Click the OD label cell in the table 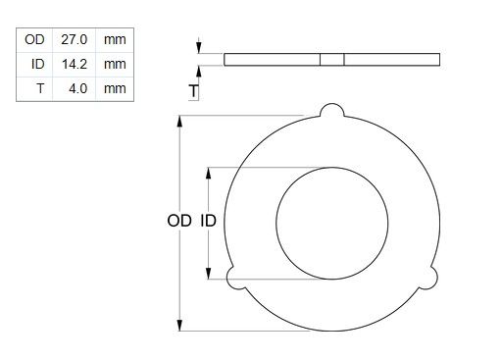click(x=34, y=39)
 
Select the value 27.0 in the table click(x=75, y=39)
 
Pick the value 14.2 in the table click(x=75, y=64)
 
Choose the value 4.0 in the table click(x=78, y=88)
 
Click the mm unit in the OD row click(x=115, y=40)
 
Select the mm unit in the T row click(x=115, y=88)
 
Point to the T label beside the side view click(x=194, y=91)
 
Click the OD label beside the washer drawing click(x=179, y=221)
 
